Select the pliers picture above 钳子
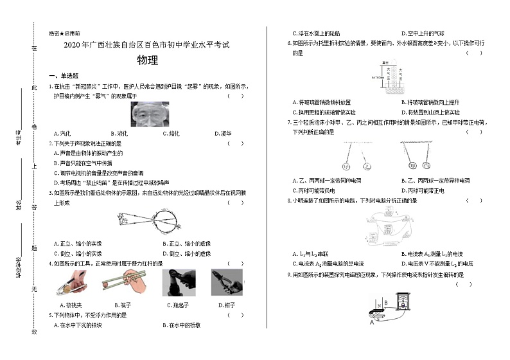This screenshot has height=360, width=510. [227, 282]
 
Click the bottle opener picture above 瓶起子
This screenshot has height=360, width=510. [177, 282]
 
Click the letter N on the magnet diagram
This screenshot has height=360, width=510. [379, 299]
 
